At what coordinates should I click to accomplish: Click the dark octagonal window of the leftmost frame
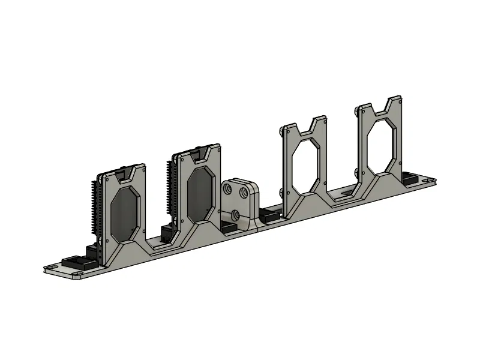pos(125,214)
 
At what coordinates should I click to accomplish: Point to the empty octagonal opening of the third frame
pos(306,166)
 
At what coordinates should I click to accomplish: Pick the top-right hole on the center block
pos(244,193)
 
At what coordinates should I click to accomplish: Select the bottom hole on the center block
pos(235,214)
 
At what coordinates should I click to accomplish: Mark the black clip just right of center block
pos(269,214)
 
